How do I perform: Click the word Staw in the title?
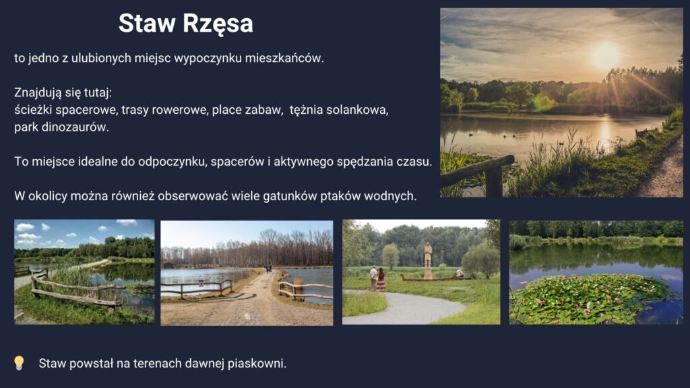click(146, 23)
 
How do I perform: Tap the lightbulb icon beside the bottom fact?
click(19, 363)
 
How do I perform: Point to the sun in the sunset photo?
click(606, 56)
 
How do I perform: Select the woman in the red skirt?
click(381, 280)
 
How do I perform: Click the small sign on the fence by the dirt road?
click(201, 284)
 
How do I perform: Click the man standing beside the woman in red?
click(373, 278)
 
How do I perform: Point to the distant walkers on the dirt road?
click(268, 269)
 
